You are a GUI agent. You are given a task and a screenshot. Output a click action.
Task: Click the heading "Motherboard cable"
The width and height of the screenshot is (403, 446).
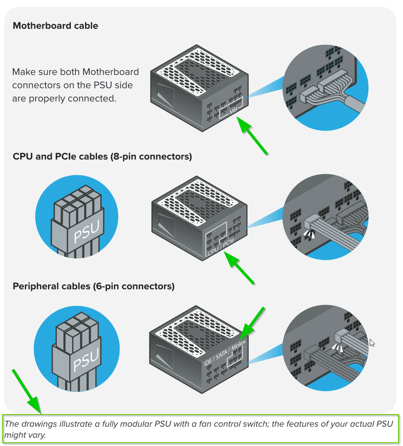pyautogui.click(x=56, y=26)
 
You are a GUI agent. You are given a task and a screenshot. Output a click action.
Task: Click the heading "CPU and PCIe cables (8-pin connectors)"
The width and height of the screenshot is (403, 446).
pyautogui.click(x=102, y=156)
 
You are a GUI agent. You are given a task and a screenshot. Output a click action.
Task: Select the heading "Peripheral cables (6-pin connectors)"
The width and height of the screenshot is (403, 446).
pyautogui.click(x=93, y=286)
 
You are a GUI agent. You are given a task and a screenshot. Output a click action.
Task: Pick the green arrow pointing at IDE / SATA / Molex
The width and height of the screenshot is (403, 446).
pyautogui.click(x=252, y=324)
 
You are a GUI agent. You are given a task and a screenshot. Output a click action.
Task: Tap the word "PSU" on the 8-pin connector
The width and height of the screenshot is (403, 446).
pyautogui.click(x=86, y=232)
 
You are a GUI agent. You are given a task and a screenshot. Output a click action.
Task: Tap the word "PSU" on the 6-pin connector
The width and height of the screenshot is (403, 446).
pyautogui.click(x=86, y=360)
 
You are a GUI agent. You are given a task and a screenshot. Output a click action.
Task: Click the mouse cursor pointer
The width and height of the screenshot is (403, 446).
pyautogui.click(x=372, y=343)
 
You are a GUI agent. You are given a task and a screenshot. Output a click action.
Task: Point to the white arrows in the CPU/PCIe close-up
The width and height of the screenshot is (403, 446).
pyautogui.click(x=309, y=234)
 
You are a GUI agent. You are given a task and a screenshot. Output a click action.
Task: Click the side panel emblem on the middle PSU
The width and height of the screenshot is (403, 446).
pyautogui.click(x=166, y=228)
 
